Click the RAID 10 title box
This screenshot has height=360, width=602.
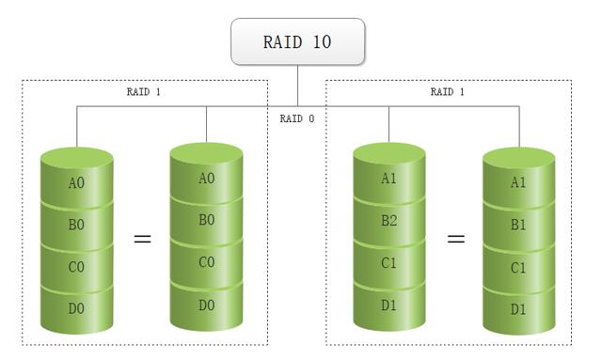pyautogui.click(x=297, y=42)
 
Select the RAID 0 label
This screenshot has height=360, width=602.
pyautogui.click(x=297, y=119)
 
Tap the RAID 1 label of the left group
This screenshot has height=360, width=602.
pyautogui.click(x=145, y=92)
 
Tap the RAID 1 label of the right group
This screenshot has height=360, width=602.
pyautogui.click(x=448, y=92)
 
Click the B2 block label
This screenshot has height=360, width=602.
pyautogui.click(x=388, y=222)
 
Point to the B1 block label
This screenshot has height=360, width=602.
pyautogui.click(x=518, y=226)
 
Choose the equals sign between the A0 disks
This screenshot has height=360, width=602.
pyautogui.click(x=142, y=239)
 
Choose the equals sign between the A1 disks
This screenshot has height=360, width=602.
pyautogui.click(x=455, y=239)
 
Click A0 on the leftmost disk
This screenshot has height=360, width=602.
pyautogui.click(x=76, y=183)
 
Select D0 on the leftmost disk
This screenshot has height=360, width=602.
pyautogui.click(x=76, y=308)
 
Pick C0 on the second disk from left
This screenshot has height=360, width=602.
pyautogui.click(x=206, y=262)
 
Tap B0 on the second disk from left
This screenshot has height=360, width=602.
pyautogui.click(x=206, y=220)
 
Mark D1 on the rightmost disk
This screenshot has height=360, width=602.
pyautogui.click(x=518, y=309)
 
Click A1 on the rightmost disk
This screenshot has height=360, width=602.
pyautogui.click(x=518, y=183)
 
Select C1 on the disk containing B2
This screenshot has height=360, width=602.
pyautogui.click(x=388, y=263)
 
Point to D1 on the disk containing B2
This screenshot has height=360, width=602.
pyautogui.click(x=388, y=305)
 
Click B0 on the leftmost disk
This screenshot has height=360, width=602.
pyautogui.click(x=76, y=226)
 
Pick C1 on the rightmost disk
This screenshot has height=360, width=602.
pyautogui.click(x=518, y=268)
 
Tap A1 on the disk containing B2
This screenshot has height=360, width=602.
pyautogui.click(x=388, y=179)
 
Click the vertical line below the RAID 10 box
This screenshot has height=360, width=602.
pyautogui.click(x=297, y=85)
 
